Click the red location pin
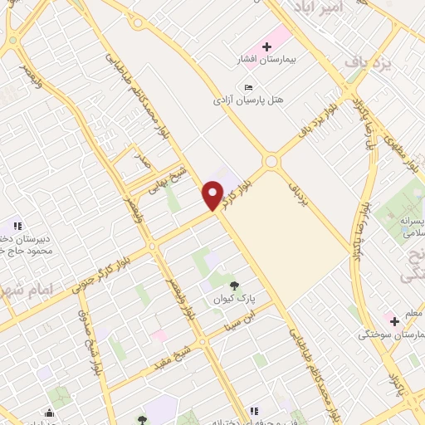[212, 194]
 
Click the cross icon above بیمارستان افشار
[266, 46]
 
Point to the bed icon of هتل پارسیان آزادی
[248, 86]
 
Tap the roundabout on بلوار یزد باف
[271, 160]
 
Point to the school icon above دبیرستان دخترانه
[17, 226]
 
